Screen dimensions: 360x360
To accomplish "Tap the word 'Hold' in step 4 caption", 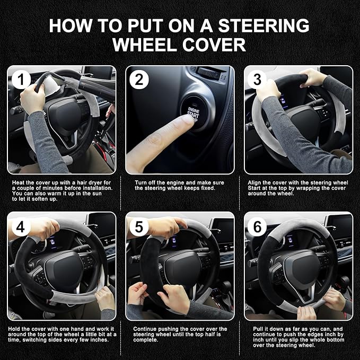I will [15, 329].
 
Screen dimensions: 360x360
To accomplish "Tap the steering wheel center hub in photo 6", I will [300, 265].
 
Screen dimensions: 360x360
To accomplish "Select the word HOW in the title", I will [68, 25].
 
